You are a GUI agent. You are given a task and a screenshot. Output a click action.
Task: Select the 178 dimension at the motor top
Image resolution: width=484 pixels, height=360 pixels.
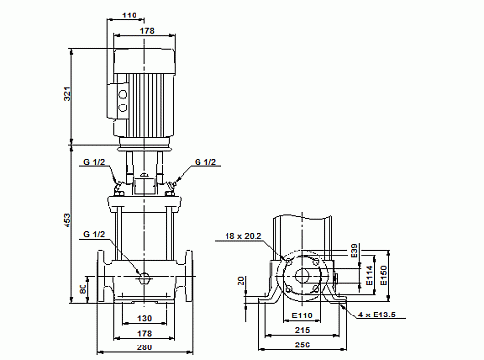(146, 32)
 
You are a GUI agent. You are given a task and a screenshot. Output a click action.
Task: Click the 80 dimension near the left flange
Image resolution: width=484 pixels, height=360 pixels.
(83, 287)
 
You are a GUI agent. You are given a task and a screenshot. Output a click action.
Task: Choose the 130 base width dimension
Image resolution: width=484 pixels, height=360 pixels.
(145, 318)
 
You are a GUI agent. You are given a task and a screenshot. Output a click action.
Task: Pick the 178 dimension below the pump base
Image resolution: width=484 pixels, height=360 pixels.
(145, 332)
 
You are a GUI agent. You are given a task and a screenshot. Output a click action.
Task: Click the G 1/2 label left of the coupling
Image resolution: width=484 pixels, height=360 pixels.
(92, 162)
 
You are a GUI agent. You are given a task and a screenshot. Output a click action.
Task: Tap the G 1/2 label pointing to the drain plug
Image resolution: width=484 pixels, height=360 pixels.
(94, 234)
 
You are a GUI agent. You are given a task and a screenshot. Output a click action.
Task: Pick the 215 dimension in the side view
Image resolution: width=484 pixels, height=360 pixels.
(303, 331)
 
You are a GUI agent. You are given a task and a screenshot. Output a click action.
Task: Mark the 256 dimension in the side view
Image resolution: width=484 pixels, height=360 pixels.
(303, 346)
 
